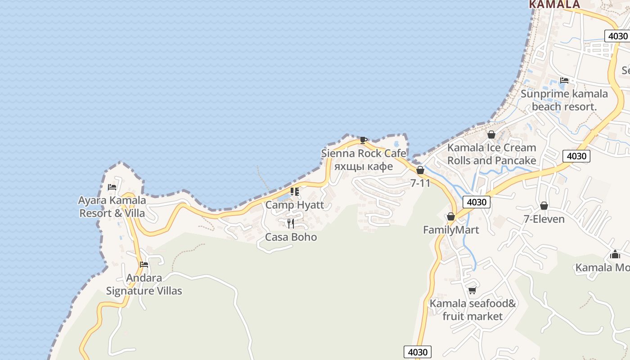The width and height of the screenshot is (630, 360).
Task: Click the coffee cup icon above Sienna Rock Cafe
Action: tap(364, 140)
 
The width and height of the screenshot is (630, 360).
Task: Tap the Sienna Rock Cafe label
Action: tap(364, 153)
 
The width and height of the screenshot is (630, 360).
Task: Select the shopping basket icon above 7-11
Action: tap(420, 170)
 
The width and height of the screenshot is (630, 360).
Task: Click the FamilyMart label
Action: tap(451, 230)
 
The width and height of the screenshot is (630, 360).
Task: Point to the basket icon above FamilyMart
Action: tap(451, 217)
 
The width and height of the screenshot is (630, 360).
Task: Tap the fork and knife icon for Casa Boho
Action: tap(291, 224)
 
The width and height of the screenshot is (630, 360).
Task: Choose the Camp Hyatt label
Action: tap(295, 205)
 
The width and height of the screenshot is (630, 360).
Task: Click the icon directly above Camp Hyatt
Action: tap(295, 192)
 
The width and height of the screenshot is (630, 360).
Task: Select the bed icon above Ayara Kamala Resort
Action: tap(112, 187)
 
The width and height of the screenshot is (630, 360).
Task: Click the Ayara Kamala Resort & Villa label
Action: tap(112, 207)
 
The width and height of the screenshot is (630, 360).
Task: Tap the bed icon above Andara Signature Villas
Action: tap(144, 265)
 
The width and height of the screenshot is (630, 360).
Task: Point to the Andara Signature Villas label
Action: tap(144, 284)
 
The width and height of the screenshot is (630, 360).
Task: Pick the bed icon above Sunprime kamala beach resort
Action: tap(564, 81)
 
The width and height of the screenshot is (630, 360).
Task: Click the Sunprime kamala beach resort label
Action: tap(564, 100)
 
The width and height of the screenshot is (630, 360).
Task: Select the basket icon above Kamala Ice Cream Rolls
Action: tap(491, 135)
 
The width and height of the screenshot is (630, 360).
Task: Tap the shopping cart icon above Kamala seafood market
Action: tap(472, 290)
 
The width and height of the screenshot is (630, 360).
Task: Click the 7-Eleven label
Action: tap(544, 219)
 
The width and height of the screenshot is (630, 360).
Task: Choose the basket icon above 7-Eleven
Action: tap(544, 206)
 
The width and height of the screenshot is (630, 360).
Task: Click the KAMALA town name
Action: tap(554, 4)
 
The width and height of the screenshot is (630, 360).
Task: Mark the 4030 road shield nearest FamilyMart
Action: tap(477, 202)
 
